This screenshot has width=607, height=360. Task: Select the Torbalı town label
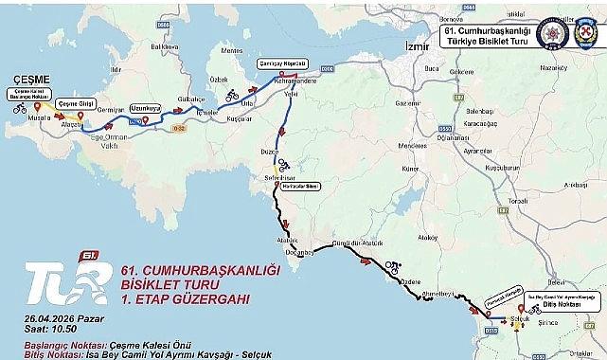(517, 202)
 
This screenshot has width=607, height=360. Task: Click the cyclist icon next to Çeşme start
(20, 108)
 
